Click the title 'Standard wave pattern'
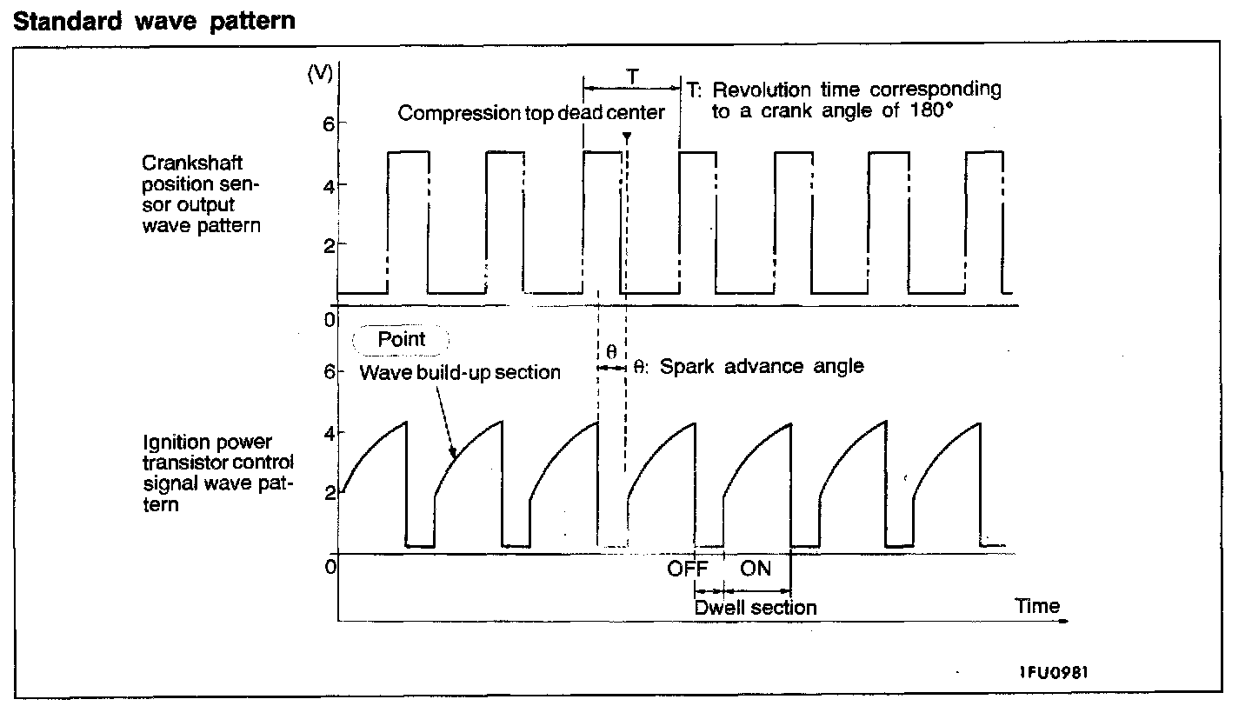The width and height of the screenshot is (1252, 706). [x=155, y=21]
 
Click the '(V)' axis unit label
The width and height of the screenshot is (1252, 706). [x=321, y=74]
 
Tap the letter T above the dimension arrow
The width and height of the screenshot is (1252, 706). [x=632, y=77]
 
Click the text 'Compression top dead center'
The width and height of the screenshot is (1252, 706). [x=531, y=113]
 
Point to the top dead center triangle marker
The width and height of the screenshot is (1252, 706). [x=626, y=137]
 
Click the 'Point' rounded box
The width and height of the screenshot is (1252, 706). [x=401, y=339]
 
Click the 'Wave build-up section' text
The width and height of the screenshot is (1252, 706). [x=460, y=373]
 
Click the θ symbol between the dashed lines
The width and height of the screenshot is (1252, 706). [x=611, y=352]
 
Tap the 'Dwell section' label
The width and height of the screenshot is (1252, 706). [x=755, y=607]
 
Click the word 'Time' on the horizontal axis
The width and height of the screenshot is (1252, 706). [x=1037, y=606]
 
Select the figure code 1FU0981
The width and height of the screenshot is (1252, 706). [x=1055, y=672]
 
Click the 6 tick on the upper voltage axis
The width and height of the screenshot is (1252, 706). [x=328, y=123]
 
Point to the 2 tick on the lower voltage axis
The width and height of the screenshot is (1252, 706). [x=328, y=493]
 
